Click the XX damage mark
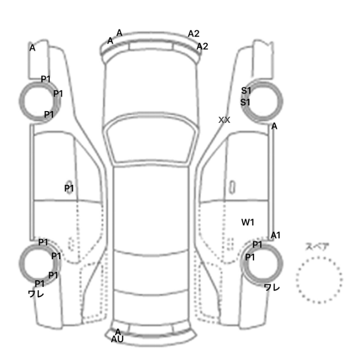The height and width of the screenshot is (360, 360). (x=224, y=120)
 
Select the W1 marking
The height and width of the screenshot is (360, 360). (x=247, y=222)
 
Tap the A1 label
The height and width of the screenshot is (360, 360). (x=276, y=236)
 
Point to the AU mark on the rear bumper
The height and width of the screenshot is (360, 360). (x=117, y=339)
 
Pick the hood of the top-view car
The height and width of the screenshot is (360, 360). (x=150, y=87)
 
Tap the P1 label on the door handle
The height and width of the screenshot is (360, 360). (x=69, y=188)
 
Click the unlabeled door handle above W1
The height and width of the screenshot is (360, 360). (x=232, y=187)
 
